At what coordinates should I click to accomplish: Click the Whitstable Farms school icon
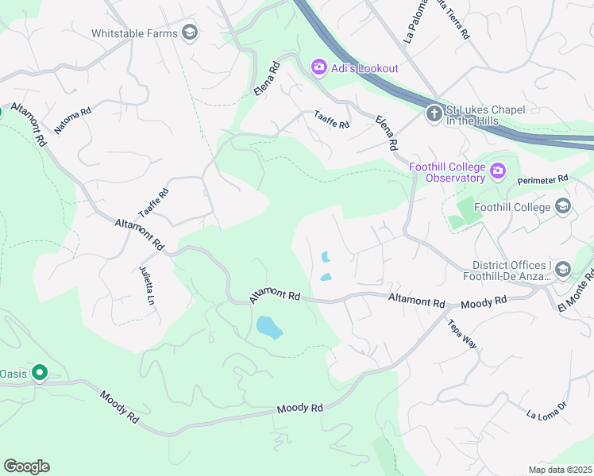pos(190,33)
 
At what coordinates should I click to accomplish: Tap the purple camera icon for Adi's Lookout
pos(319,67)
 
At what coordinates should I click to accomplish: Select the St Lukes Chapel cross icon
pos(434,113)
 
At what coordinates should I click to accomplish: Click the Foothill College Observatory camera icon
pos(498,170)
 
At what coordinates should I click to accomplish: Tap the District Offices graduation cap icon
pos(562,270)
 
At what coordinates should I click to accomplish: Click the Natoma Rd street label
pos(72,120)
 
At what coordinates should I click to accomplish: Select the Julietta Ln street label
pos(148,285)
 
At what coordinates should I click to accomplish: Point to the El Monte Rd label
pos(574,294)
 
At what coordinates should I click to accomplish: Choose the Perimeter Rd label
pos(544,180)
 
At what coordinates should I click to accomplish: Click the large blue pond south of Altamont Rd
pos(269,327)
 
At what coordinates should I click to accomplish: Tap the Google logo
pos(26,466)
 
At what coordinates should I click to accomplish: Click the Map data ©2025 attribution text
pos(560,470)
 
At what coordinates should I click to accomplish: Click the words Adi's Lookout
pos(365,68)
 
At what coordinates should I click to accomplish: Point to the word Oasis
pos(14,373)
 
